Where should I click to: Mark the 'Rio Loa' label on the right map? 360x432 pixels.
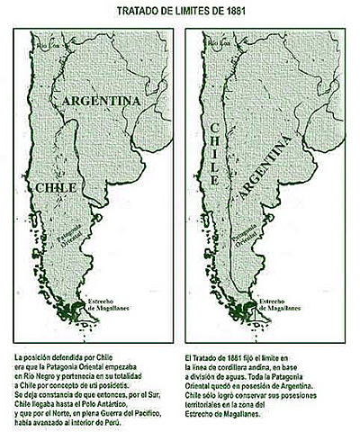click(218, 41)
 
